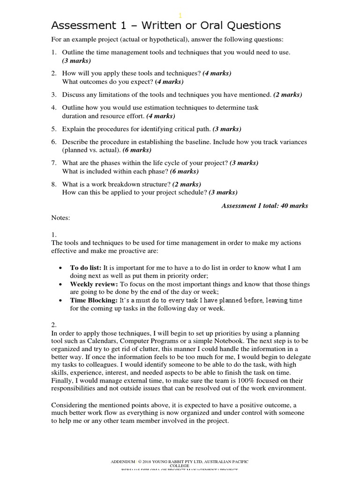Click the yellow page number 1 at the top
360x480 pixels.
point(180,15)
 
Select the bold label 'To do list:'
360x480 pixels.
point(86,268)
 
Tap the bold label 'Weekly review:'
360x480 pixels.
point(94,285)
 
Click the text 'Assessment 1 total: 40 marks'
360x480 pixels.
point(264,206)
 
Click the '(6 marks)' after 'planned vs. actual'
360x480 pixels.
point(137,150)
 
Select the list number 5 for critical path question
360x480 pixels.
point(54,129)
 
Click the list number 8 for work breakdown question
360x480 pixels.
point(54,184)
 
